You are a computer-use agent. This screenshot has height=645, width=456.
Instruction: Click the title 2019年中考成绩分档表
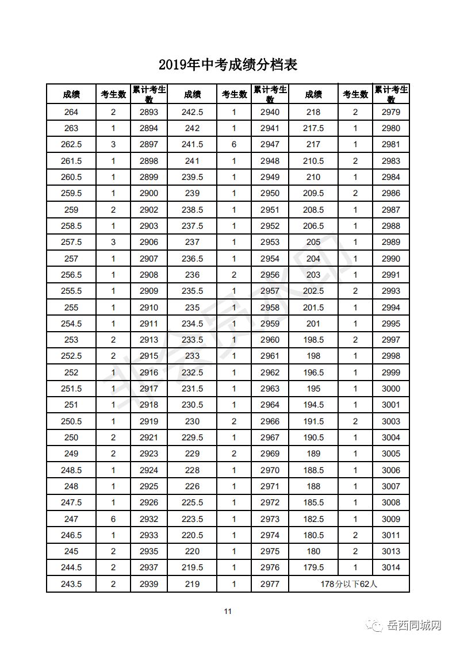228,64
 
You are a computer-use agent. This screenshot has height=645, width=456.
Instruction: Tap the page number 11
228,611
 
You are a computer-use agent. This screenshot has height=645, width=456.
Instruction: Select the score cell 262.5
71,144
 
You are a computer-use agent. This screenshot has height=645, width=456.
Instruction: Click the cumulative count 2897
149,144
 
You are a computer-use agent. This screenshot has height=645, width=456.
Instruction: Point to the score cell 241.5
192,144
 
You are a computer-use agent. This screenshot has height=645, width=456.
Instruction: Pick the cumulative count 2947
270,144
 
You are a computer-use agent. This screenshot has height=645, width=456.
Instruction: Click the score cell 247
71,519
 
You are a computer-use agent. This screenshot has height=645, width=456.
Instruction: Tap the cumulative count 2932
149,519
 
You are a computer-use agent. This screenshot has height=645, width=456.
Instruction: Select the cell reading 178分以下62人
349,584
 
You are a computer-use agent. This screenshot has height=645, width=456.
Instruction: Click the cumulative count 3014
391,567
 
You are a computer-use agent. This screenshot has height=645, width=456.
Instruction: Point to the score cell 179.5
313,567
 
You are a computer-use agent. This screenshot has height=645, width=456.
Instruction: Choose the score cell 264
71,112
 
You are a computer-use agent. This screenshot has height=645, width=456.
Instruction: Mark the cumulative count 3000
391,389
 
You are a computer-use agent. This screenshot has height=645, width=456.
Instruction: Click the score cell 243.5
71,584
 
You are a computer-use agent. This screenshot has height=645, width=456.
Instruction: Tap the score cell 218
313,112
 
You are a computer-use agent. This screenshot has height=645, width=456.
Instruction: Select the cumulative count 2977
270,584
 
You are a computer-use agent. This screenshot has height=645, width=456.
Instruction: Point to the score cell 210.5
313,161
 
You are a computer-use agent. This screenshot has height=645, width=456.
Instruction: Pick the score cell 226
192,486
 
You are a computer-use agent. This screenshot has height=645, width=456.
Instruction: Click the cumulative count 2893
149,112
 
